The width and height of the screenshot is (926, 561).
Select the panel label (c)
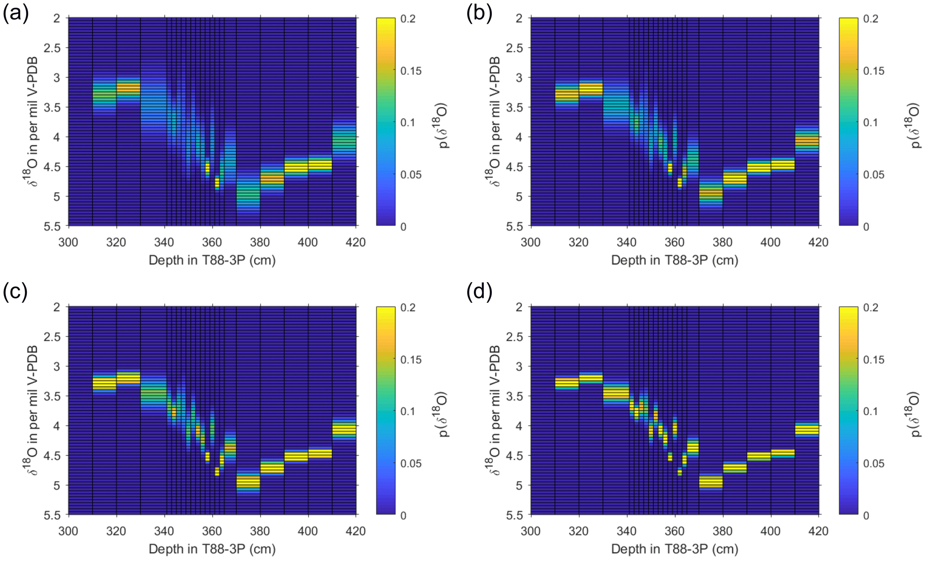click(x=16, y=292)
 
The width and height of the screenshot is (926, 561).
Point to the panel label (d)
click(x=479, y=292)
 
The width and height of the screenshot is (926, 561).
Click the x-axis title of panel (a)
click(x=212, y=260)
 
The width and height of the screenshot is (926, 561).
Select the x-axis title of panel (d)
click(x=674, y=549)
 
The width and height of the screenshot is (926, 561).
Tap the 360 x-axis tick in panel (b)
click(x=674, y=243)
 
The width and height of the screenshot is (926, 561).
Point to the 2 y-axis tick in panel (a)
click(x=57, y=18)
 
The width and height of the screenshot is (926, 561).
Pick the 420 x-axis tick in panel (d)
click(x=818, y=531)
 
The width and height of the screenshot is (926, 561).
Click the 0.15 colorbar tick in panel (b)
click(x=874, y=71)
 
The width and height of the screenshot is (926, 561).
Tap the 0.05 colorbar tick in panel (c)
click(x=411, y=463)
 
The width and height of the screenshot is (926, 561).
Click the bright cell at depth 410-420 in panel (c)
click(x=344, y=430)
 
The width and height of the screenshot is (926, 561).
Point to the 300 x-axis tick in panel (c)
click(x=68, y=531)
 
